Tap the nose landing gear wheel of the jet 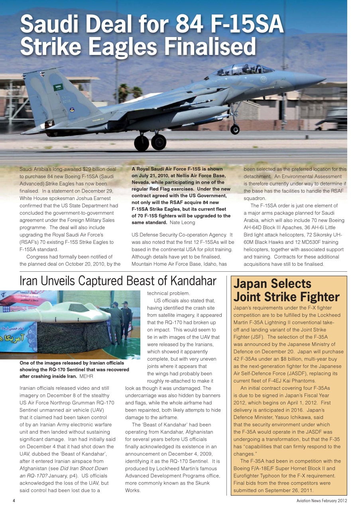click(235, 129)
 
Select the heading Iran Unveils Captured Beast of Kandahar click(118, 281)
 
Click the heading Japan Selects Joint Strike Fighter click(286, 290)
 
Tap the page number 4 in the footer click(14, 500)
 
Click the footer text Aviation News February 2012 click(321, 500)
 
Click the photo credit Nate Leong click(183, 222)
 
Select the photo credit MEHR click(87, 376)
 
